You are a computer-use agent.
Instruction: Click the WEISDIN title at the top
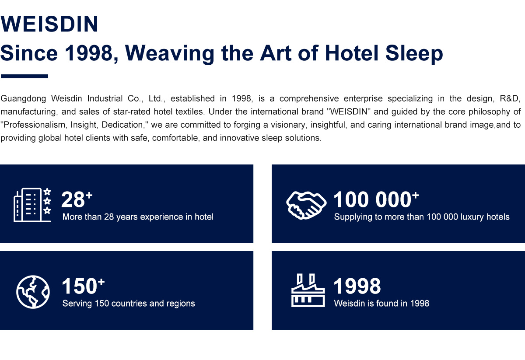[49, 24]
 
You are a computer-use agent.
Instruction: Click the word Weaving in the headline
[169, 54]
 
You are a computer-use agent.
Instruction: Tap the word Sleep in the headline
[414, 54]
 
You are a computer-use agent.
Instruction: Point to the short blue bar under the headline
[24, 76]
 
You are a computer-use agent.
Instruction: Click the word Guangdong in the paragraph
[23, 99]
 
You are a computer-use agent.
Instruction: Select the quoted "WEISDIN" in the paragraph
[349, 112]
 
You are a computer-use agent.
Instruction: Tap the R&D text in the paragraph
[510, 98]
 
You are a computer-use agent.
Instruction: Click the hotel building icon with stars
[32, 205]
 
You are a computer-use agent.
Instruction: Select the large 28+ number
[77, 199]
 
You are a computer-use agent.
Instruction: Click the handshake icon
[306, 205]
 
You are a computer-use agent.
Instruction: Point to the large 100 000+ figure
[376, 199]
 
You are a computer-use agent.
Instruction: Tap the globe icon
[33, 292]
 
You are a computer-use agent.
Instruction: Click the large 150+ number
[83, 286]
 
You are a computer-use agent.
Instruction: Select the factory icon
[308, 290]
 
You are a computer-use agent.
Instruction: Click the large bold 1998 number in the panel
[357, 286]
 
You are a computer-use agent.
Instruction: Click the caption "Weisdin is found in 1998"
[381, 304]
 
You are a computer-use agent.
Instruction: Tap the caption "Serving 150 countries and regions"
[129, 304]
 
